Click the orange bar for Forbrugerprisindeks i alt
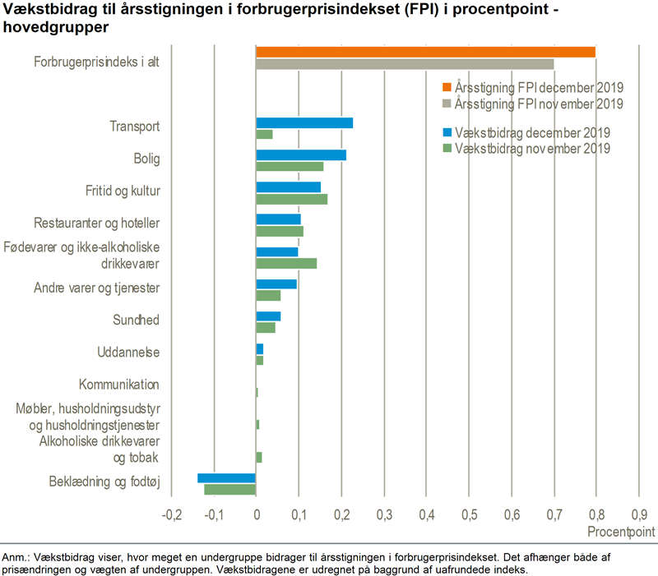click(425, 53)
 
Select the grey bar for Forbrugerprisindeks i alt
click(405, 64)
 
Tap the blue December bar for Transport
click(304, 123)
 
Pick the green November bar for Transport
click(264, 135)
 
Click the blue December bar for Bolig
click(301, 154)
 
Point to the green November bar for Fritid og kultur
click(291, 199)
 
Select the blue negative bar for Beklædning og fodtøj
click(226, 478)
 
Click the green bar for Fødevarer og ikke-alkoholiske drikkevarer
click(286, 263)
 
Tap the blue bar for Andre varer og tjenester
click(276, 284)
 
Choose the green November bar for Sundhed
click(266, 327)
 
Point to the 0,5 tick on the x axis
click(469, 514)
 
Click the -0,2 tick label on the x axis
click(171, 514)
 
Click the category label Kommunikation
click(118, 385)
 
